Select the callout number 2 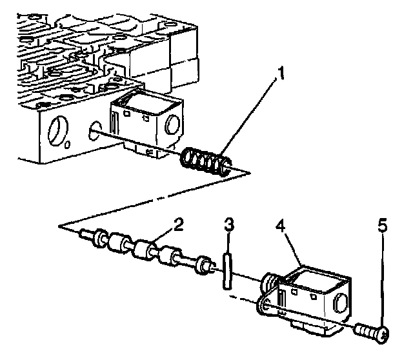click(178, 225)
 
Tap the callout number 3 click(229, 225)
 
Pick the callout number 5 click(383, 225)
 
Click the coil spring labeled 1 click(205, 161)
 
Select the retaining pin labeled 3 click(228, 271)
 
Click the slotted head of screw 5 click(382, 334)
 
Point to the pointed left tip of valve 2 click(82, 232)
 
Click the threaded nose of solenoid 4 click(268, 284)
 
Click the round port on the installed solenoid click(173, 124)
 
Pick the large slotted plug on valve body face click(58, 130)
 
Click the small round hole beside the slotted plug click(67, 145)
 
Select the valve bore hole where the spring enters click(95, 130)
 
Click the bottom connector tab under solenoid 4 click(312, 328)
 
